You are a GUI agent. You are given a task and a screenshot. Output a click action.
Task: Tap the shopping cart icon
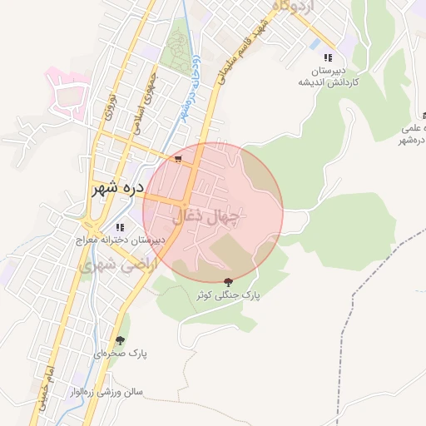178,158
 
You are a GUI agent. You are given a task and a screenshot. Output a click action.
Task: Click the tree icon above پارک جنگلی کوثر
228,283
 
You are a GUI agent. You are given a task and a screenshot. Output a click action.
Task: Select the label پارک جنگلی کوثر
228,295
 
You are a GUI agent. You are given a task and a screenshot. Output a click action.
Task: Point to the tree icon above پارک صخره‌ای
121,340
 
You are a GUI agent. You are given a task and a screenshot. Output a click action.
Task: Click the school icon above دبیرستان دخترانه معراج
121,226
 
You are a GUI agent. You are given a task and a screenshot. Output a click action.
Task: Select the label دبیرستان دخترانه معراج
120,240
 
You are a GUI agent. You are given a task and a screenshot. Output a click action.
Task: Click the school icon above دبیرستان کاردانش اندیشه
328,57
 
